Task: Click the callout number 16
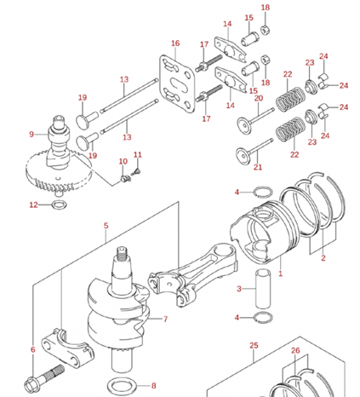[175, 43]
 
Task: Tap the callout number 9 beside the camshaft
[32, 134]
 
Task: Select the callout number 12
[32, 204]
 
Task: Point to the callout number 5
[106, 226]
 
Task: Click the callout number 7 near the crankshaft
[165, 320]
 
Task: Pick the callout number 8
[154, 385]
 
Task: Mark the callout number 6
[32, 349]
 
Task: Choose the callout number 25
[253, 345]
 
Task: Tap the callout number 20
[259, 98]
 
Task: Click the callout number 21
[259, 167]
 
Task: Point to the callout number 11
[137, 154]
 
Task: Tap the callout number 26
[294, 351]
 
